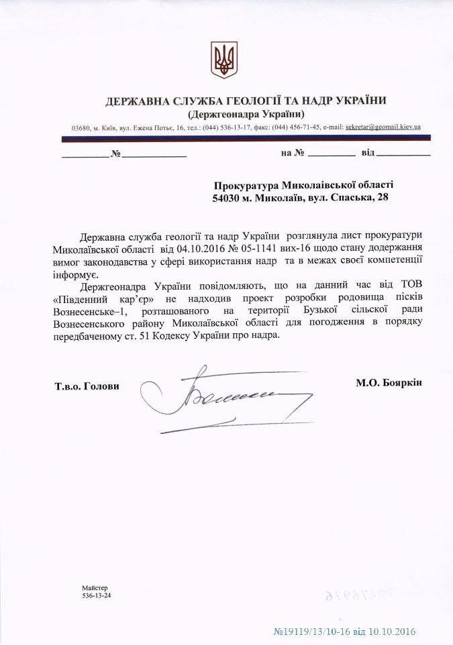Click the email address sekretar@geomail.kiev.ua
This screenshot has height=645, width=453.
coord(382,127)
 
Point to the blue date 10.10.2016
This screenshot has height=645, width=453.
coord(392,632)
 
